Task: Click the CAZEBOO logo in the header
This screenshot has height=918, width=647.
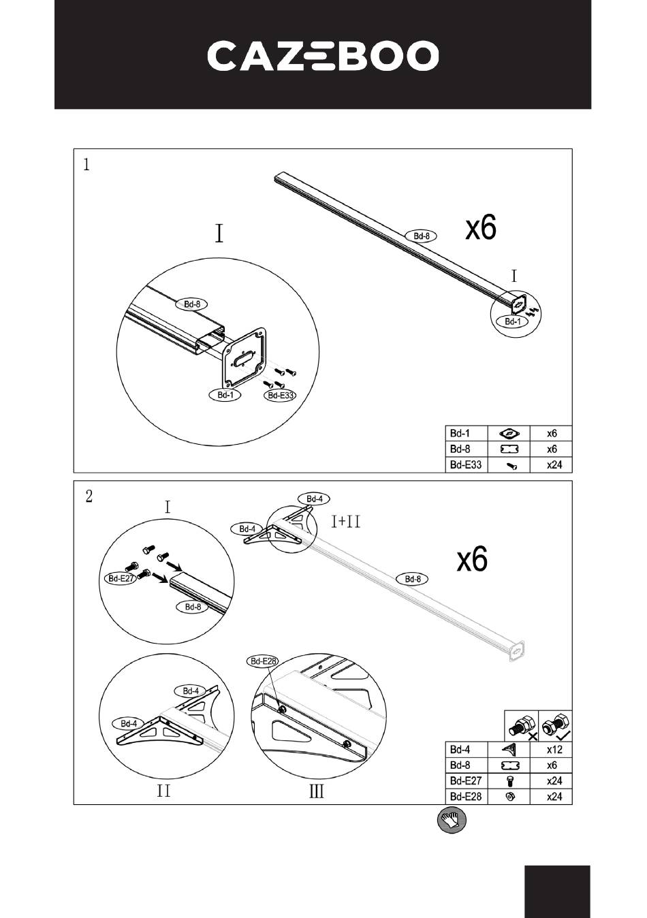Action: point(323,56)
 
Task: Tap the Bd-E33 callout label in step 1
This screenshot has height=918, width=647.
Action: point(280,395)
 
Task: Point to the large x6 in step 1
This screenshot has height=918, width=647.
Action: point(481,228)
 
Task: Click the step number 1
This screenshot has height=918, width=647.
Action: point(86,164)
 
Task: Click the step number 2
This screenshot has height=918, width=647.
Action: point(89,496)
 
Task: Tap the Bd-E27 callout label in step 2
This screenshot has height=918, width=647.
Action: point(122,579)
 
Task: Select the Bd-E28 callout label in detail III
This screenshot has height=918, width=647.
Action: point(262,661)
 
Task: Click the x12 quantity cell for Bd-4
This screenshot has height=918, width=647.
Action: point(554,749)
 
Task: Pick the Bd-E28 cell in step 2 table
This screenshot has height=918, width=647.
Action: point(465,797)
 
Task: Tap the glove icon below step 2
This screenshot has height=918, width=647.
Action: point(452,819)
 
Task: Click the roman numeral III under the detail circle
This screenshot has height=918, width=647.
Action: point(317,791)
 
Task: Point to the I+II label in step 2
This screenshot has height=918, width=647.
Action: point(346,522)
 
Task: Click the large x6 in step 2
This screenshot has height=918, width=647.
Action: point(472,560)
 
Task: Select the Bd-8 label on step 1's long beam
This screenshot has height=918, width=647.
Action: point(422,236)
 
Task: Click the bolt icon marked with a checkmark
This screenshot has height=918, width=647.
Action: point(556,725)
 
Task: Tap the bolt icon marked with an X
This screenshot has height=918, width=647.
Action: point(522,725)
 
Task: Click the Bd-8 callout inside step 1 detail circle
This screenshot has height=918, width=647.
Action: point(193,304)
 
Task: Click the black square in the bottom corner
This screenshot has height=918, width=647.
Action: point(557,891)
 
